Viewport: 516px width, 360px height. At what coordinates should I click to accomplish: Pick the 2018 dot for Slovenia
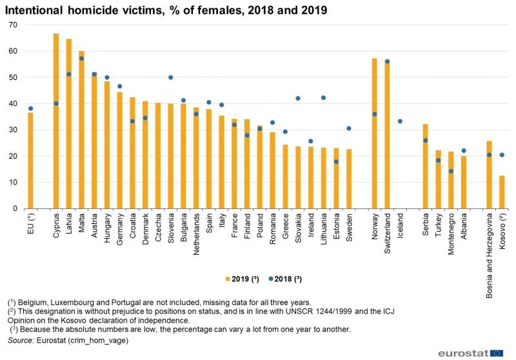coord(171,77)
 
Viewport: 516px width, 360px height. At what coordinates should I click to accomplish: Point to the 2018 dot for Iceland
coord(400,121)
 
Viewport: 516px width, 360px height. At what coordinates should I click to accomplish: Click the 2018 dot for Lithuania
coord(323,98)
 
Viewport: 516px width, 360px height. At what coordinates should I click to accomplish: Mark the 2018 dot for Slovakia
coord(298,98)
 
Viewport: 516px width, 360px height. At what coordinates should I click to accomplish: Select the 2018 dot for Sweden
coord(349,128)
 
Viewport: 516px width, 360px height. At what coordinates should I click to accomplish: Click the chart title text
coord(168,10)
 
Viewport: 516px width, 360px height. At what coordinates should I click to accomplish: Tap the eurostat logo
coord(471,352)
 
